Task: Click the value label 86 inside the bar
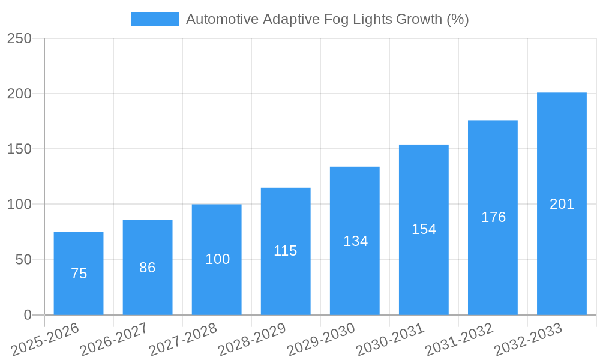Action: (x=148, y=268)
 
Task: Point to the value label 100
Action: (x=217, y=259)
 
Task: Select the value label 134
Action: (x=355, y=241)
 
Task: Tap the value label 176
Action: (x=493, y=217)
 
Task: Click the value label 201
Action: (x=562, y=204)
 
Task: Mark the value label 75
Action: (x=79, y=274)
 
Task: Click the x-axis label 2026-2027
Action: (x=114, y=339)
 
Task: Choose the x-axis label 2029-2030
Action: (x=321, y=339)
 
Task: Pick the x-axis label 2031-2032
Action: (x=459, y=339)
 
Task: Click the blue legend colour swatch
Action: (x=154, y=19)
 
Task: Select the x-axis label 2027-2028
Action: (x=183, y=339)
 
